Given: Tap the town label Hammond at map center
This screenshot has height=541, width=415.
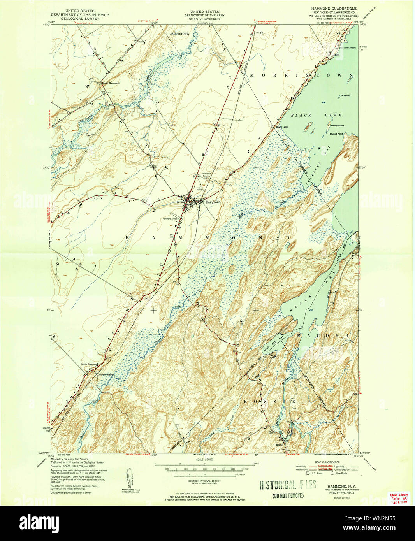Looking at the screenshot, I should (213, 202).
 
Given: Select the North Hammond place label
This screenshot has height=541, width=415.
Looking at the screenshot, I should (111, 83).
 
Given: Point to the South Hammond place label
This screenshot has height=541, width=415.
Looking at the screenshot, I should (89, 364).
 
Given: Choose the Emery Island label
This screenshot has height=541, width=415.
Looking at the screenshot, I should (337, 126).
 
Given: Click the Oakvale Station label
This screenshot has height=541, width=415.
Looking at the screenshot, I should (106, 374).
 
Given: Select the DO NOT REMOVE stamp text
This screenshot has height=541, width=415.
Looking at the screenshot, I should (288, 495).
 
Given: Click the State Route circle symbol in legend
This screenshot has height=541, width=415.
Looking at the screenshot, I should (332, 473).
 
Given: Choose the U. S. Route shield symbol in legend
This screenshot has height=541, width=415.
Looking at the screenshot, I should (308, 473).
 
